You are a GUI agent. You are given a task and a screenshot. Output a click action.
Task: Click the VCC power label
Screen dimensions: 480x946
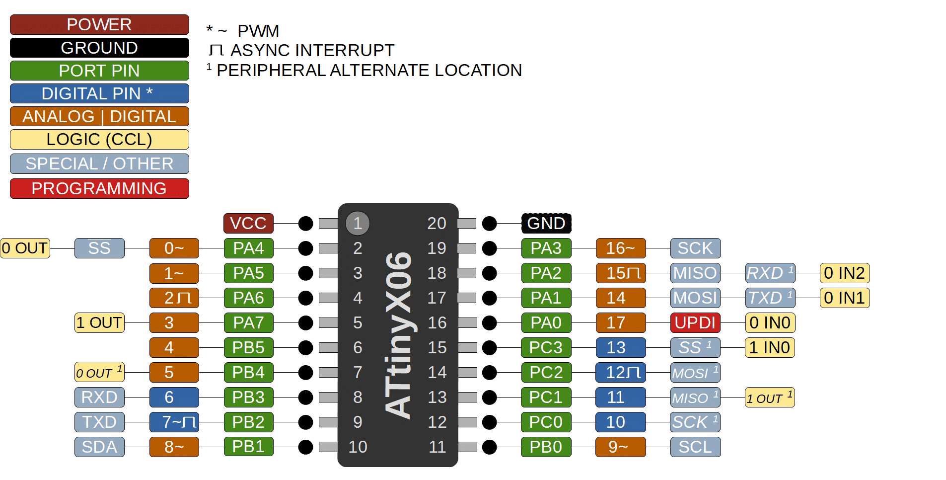pos(248,223)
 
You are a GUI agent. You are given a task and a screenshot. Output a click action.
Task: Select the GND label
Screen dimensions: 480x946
pos(546,223)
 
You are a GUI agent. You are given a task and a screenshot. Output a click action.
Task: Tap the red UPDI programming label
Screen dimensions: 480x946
pos(695,322)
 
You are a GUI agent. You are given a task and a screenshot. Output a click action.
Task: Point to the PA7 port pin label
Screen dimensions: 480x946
pos(248,322)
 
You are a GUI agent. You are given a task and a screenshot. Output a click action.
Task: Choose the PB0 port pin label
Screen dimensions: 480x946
pos(546,447)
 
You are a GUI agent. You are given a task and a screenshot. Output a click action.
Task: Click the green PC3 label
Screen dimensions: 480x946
pos(546,347)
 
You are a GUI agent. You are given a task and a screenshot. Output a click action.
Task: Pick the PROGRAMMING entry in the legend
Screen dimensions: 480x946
pos(99,188)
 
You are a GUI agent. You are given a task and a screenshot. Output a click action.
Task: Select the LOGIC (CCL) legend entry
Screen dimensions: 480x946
pos(99,139)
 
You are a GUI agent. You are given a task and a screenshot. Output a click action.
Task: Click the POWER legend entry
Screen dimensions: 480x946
pos(99,24)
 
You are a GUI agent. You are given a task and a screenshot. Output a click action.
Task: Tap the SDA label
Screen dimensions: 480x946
pos(99,447)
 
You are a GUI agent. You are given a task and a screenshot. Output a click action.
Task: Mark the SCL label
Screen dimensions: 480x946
pos(695,447)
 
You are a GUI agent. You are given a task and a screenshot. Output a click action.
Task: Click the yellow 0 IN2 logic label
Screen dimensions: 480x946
pos(844,273)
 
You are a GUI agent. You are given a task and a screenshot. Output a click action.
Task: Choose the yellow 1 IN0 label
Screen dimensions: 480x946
pos(770,347)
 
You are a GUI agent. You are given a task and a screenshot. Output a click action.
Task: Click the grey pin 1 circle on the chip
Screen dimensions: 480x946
pos(358,223)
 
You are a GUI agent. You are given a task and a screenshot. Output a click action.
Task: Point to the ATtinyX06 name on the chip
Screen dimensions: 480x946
pos(399,335)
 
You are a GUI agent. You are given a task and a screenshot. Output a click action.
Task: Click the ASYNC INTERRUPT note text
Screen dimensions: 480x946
pos(312,50)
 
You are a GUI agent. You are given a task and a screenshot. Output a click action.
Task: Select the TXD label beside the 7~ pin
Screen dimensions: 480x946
pos(99,422)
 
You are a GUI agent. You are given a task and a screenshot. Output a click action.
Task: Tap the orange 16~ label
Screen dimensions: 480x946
pos(621,248)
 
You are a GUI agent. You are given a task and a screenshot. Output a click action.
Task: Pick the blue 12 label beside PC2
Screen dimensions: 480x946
pos(621,372)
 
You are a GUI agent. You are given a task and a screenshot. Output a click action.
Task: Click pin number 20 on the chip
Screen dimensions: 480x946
pos(437,223)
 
